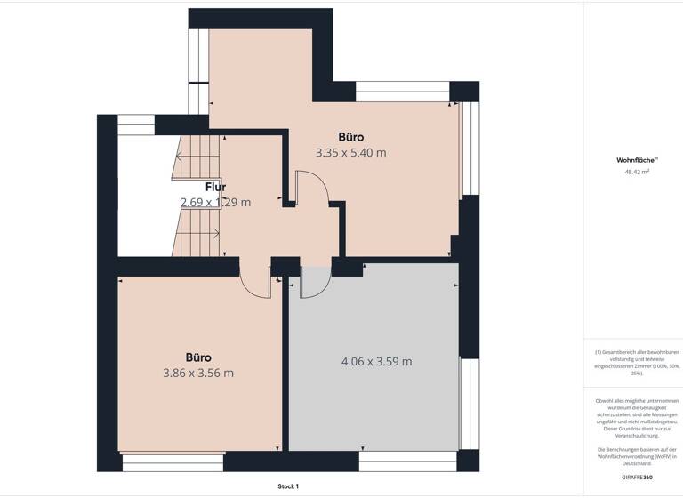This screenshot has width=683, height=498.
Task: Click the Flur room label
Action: [x=215, y=187]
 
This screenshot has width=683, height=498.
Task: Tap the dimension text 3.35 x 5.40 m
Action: [x=350, y=153]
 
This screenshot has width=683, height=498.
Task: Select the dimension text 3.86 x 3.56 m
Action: [x=197, y=373]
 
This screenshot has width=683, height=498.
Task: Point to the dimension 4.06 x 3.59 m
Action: [x=376, y=361]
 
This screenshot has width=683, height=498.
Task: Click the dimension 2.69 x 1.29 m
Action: [x=215, y=202]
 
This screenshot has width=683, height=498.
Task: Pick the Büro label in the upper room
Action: [x=350, y=137]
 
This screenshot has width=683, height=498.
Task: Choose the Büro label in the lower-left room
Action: [x=198, y=357]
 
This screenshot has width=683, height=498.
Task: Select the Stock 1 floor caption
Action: [x=288, y=486]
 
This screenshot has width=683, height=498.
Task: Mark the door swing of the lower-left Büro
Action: [x=255, y=283]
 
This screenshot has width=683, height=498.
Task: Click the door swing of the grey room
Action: [x=314, y=283]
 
